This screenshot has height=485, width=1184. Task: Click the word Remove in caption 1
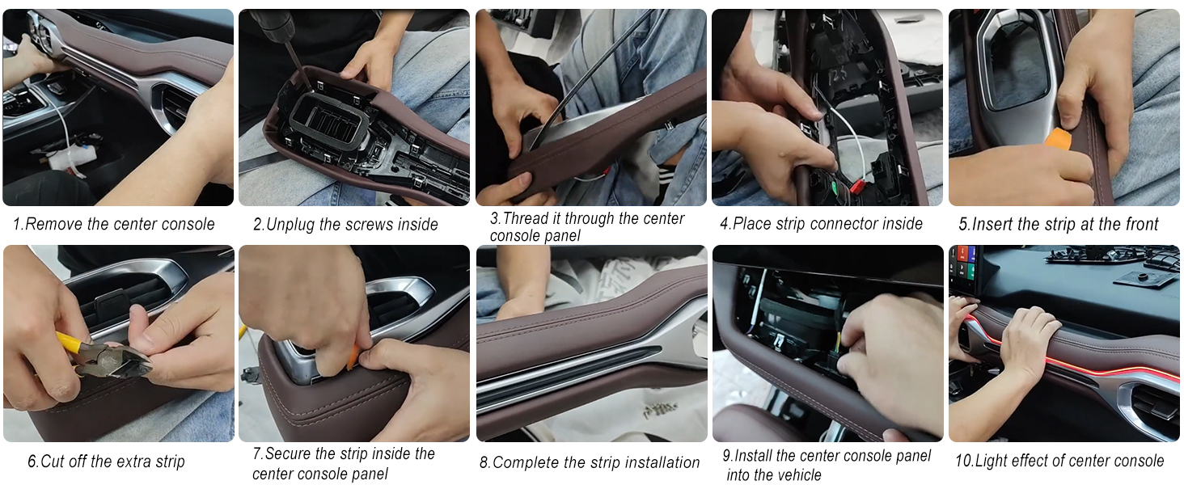(54, 224)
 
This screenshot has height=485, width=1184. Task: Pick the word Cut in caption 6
(53, 462)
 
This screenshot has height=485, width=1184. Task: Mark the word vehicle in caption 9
(796, 475)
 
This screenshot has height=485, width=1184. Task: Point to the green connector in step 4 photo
(835, 187)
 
